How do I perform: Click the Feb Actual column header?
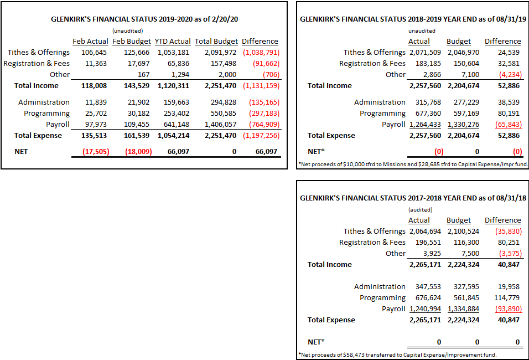[90, 41]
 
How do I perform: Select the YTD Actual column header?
[173, 41]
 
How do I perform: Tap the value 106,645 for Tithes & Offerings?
[94, 53]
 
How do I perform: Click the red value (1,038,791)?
[261, 53]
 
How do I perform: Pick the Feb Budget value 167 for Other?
[143, 75]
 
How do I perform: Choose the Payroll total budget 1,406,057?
[220, 124]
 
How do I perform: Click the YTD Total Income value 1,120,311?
[173, 86]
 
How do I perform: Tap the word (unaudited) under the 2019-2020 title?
[127, 30]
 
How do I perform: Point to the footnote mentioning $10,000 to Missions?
[413, 164]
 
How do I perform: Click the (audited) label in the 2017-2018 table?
[420, 210]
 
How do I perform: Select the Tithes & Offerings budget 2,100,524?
[463, 232]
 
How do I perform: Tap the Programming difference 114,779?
[506, 298]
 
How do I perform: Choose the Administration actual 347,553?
[428, 287]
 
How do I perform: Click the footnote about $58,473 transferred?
[397, 355]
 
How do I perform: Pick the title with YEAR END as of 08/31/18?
[413, 198]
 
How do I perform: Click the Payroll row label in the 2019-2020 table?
[58, 124]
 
